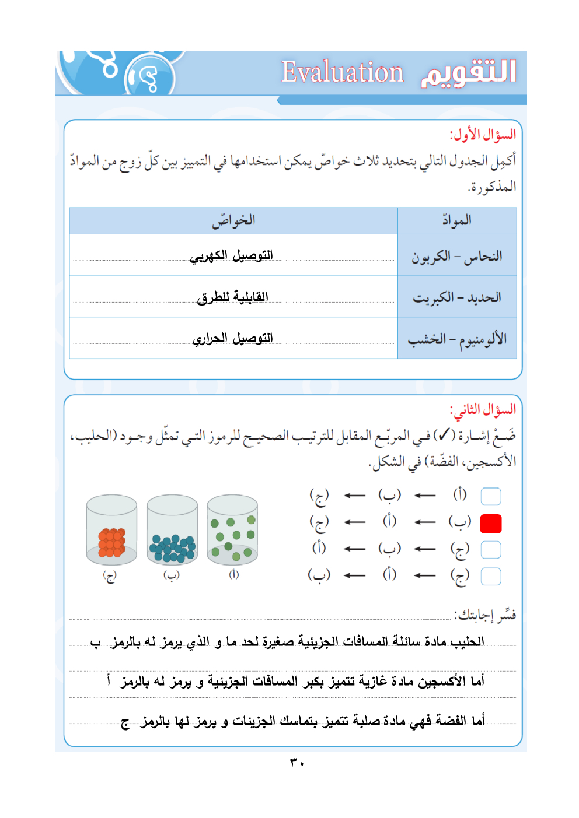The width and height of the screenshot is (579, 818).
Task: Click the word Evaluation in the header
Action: [342, 73]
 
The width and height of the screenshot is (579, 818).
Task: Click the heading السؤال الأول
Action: [483, 135]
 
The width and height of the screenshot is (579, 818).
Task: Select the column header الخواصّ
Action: [233, 220]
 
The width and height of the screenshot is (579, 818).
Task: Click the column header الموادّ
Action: [456, 220]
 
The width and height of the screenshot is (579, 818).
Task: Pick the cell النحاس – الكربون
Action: [457, 256]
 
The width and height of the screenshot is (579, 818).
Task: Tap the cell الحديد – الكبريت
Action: [457, 297]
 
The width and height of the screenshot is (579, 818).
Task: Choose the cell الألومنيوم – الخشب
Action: [457, 339]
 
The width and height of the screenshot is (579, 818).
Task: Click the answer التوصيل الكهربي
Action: [232, 256]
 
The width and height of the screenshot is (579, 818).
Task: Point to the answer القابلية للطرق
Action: [232, 297]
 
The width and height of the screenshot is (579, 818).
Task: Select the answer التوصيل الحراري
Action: [233, 339]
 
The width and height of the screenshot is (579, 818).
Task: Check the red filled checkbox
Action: [491, 524]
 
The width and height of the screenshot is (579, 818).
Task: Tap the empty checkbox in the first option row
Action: [491, 496]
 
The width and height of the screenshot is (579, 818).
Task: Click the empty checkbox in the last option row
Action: [491, 576]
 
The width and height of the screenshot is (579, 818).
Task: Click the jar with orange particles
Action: [111, 531]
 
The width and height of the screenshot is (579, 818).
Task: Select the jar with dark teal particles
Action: [172, 531]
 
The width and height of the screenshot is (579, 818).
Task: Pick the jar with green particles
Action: [232, 531]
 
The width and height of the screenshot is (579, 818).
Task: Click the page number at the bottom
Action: [297, 763]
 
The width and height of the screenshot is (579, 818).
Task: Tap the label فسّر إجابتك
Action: [486, 615]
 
